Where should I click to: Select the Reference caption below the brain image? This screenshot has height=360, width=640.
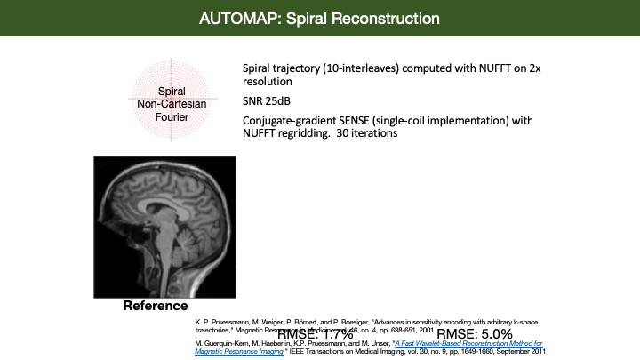[155, 307]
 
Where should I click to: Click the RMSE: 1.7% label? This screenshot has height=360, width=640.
[316, 334]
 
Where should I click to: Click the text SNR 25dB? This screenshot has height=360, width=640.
[268, 100]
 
